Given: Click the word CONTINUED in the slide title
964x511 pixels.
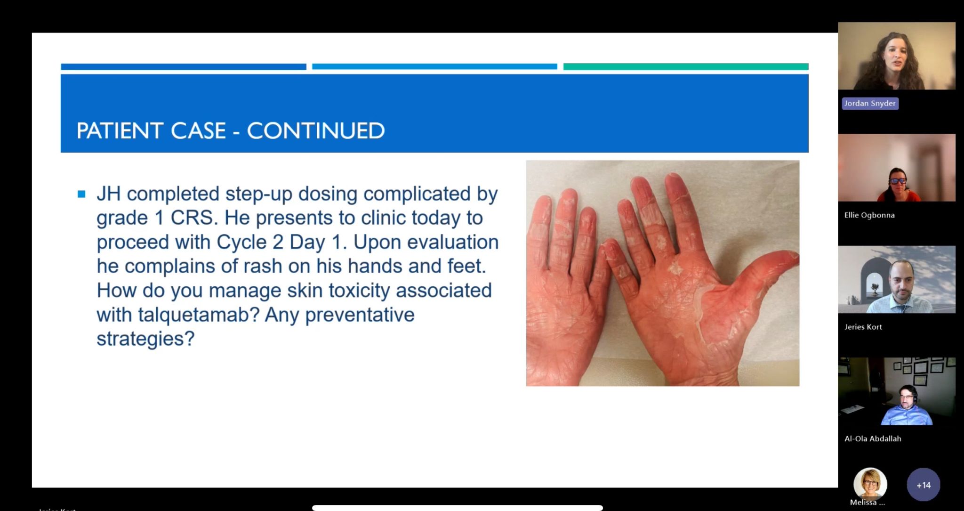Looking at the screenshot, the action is [x=316, y=130].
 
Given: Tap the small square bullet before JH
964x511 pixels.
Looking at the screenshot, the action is [x=81, y=194].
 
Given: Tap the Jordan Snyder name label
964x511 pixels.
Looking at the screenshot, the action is [x=870, y=104].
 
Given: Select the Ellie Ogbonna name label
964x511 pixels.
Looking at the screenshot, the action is [x=869, y=215].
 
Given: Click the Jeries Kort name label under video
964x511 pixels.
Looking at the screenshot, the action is [x=863, y=327].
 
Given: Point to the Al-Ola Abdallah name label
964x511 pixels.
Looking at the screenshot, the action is [x=873, y=438].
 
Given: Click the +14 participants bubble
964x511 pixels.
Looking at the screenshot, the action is [x=923, y=485].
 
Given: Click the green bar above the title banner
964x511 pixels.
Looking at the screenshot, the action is [x=686, y=66].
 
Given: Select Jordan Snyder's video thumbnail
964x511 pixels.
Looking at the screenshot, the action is [x=897, y=56].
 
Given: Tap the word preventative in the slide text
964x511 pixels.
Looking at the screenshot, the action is [x=360, y=315].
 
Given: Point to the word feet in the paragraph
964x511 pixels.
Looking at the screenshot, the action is [x=467, y=266].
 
